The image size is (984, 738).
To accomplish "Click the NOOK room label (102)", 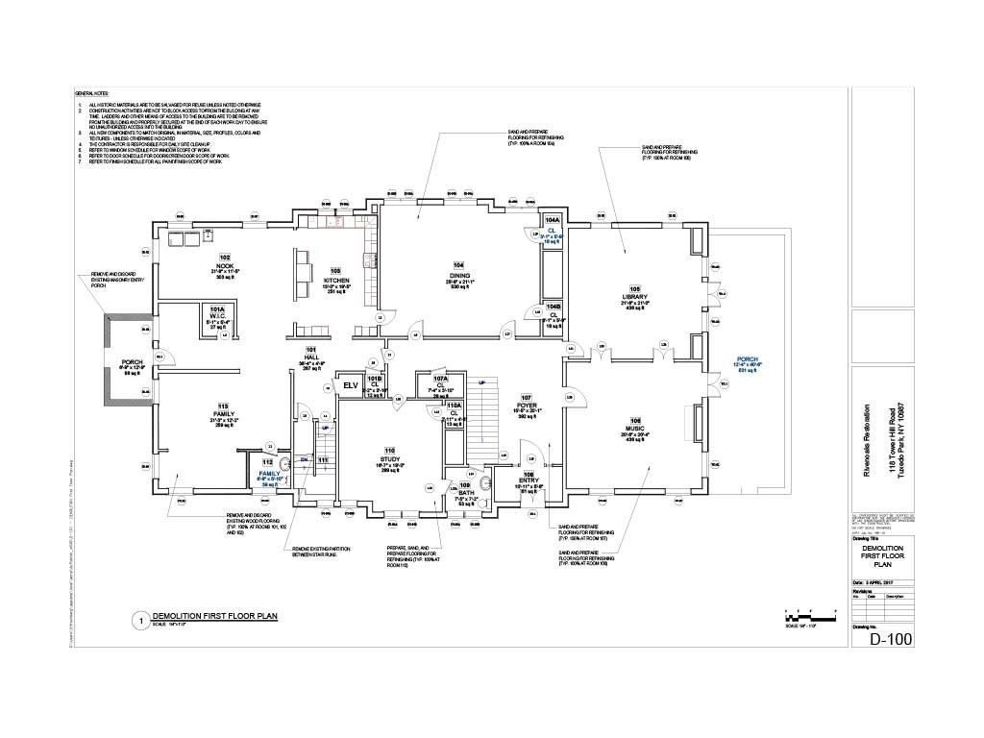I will point(225,264).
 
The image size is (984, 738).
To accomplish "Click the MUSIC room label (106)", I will point(634,429).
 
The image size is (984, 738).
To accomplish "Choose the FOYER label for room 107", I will point(526,406).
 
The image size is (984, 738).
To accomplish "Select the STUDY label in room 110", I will point(389,460).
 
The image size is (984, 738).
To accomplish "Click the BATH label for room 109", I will point(465,492).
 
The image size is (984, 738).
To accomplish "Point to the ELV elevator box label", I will point(351,385).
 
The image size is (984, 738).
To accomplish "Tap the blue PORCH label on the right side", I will point(747,359).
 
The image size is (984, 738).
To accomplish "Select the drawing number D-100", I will point(890,639).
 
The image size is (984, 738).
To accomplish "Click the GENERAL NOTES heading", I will point(93,93).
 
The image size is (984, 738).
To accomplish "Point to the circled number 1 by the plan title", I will point(140,621).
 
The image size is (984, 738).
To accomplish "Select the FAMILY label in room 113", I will point(224,416).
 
